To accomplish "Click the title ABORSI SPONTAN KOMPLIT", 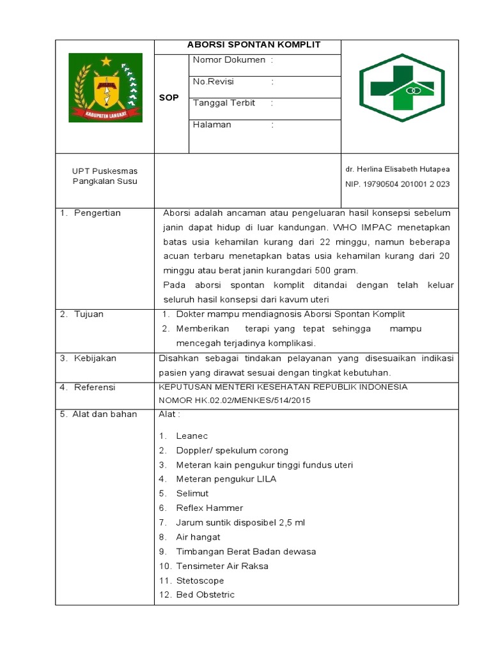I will [x=253, y=45].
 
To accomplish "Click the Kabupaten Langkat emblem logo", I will [x=105, y=87].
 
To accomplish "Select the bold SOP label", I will [x=169, y=98].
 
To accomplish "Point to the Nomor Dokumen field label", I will [x=229, y=60].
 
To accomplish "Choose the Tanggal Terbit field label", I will [x=224, y=103].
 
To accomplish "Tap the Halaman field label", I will [x=212, y=125].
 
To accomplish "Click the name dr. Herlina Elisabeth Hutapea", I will [x=397, y=169].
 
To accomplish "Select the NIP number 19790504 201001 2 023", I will [x=397, y=184].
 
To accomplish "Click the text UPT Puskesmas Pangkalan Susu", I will [x=104, y=176].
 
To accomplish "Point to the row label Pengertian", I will [x=97, y=213].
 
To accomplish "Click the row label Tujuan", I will [x=89, y=314].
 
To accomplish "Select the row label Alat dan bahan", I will [x=105, y=414].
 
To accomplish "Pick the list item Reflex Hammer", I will [x=209, y=508].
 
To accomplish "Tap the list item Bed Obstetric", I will [x=205, y=595].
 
